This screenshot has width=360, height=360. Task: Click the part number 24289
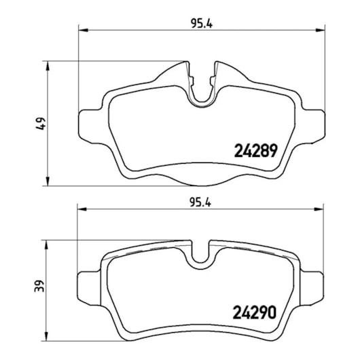click(256, 151)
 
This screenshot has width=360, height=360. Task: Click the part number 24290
click(255, 312)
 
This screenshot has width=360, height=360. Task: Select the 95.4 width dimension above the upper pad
click(202, 24)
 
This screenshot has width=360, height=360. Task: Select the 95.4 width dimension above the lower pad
click(200, 202)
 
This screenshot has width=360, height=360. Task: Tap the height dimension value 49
click(41, 124)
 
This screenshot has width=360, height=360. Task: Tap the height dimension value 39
click(39, 286)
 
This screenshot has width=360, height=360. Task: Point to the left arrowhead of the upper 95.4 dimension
click(84, 30)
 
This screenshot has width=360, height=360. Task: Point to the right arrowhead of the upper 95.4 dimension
click(321, 30)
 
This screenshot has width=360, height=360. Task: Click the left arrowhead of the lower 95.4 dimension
click(82, 209)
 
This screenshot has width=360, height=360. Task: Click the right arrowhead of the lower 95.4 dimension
click(319, 209)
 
